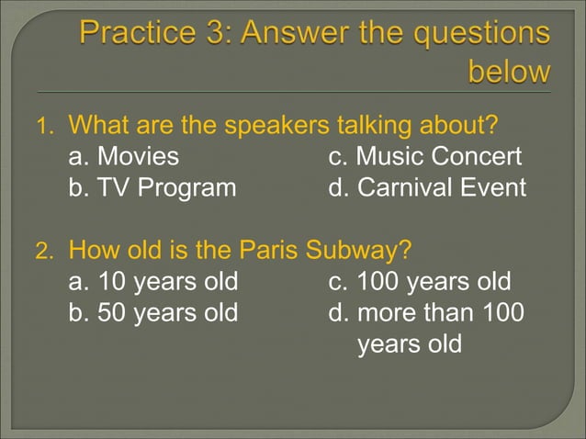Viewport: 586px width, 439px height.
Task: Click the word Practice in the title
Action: (x=130, y=34)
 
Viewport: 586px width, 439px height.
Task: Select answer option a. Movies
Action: (x=124, y=156)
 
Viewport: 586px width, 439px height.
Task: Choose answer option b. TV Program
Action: (x=152, y=188)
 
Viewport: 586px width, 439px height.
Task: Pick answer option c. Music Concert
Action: (x=425, y=156)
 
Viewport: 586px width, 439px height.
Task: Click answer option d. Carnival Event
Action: (x=427, y=188)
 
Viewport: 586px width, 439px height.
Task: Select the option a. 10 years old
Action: (x=153, y=280)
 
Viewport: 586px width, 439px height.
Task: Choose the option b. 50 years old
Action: (x=153, y=312)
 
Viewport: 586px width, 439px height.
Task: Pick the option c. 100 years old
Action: (x=420, y=280)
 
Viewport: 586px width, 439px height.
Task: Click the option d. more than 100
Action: (x=427, y=312)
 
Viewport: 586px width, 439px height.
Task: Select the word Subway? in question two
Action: (x=358, y=249)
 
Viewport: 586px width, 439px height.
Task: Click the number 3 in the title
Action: (x=208, y=34)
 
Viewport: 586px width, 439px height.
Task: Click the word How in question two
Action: (x=91, y=249)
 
